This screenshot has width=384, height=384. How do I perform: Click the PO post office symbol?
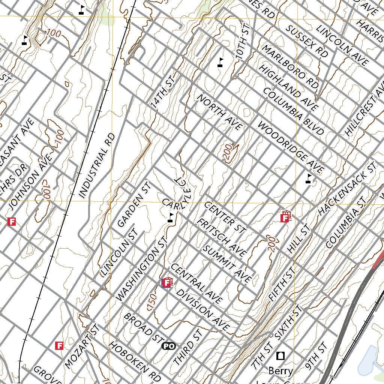pos(169,346)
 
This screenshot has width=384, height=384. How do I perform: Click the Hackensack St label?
pos(347,189)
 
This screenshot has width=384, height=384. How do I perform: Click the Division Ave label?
pos(202,310)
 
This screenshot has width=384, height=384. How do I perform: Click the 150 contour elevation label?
pos(152,302)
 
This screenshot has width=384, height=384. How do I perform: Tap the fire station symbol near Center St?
pos(286,216)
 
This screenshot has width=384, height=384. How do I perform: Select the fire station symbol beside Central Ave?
pos(166,282)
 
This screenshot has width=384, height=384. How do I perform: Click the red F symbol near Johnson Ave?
pos(12,222)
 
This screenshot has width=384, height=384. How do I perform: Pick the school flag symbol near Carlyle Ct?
pos(171,218)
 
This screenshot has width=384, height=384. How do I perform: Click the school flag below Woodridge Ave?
pos(309,179)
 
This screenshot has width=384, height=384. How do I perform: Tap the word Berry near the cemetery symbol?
pos(280,371)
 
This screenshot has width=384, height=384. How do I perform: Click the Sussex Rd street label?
pos(306,41)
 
